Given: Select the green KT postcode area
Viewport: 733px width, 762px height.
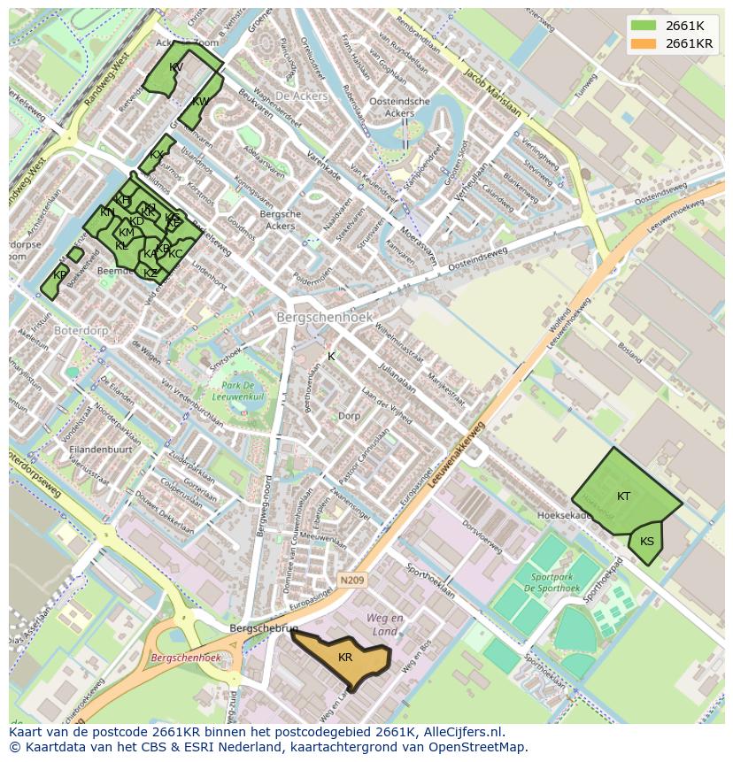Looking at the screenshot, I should coord(624,496).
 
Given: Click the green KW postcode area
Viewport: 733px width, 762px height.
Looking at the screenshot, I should coord(199,103).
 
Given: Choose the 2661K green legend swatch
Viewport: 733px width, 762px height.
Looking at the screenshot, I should coord(644,26).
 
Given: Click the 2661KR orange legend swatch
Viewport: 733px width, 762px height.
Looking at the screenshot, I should coord(644,43).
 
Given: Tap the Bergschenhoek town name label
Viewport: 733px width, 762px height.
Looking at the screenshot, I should coord(325,317).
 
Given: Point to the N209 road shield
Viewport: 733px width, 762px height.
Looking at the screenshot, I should coord(351,581).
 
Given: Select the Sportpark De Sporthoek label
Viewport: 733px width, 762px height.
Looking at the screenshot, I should coord(552,582).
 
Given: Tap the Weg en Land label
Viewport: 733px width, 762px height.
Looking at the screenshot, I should coord(385,625).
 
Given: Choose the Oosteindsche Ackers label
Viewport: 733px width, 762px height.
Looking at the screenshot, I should coord(400,107).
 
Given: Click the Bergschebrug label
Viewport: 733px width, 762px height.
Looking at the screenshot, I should coord(263,627).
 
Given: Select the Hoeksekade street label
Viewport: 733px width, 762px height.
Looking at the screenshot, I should coord(564,515).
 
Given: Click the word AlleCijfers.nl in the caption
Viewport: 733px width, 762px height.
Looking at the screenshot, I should coord(464,732).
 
